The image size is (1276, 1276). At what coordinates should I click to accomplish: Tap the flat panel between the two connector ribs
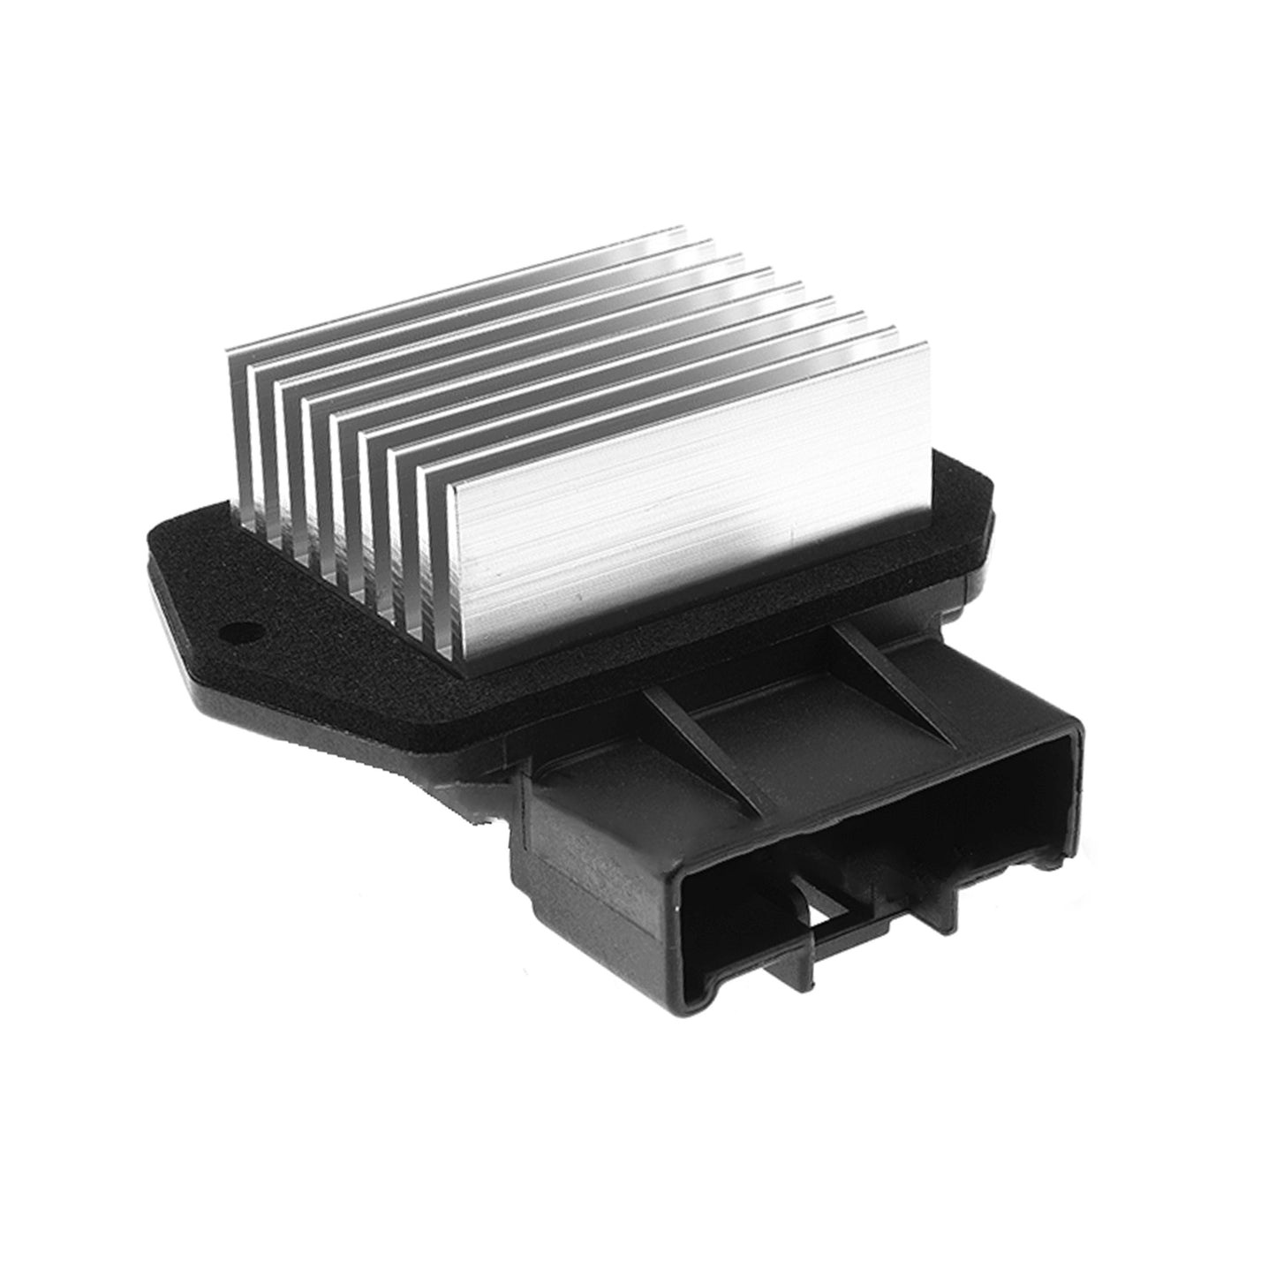pos(795,706)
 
